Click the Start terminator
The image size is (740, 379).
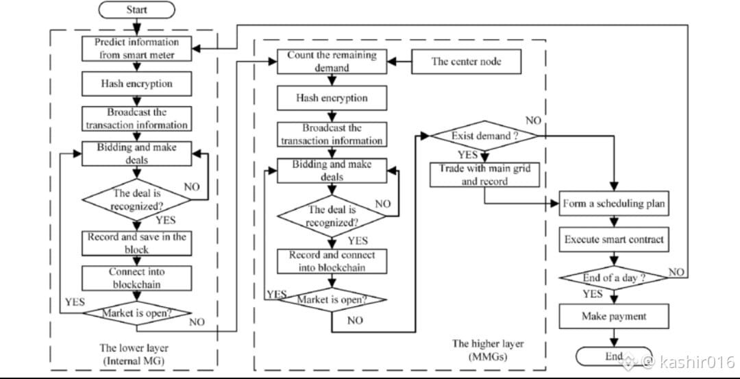137,10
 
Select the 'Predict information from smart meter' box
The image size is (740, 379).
137,49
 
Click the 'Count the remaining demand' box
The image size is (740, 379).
332,61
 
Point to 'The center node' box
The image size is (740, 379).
466,61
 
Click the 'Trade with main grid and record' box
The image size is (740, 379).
484,175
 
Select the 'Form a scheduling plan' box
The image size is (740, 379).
613,204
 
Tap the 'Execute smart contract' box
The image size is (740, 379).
613,240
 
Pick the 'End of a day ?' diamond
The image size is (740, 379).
613,278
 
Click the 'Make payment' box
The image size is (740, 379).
613,316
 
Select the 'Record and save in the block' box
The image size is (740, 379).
137,243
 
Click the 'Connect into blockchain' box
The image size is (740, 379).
137,278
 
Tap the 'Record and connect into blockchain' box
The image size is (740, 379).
332,261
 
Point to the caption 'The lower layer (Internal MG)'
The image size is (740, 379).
134,354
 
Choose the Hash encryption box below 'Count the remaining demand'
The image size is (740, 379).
332,98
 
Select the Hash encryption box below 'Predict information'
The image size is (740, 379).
137,84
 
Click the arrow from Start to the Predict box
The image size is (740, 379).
137,26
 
